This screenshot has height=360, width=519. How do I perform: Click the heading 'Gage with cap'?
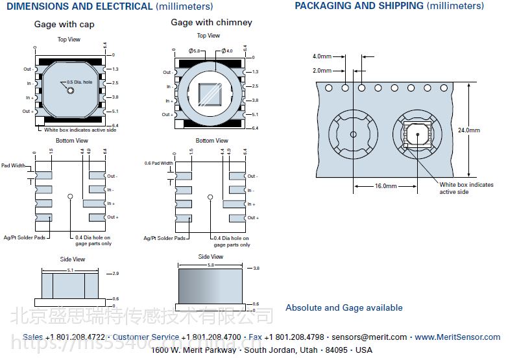[64, 25]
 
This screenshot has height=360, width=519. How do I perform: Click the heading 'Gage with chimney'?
[211, 22]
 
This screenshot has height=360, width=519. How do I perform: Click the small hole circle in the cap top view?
[71, 90]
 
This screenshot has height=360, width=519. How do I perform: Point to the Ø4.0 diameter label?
[226, 51]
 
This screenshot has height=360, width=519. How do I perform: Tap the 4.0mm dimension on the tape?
[322, 56]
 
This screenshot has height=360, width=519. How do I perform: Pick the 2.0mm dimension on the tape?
[322, 71]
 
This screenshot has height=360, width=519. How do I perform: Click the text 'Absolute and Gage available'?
[344, 308]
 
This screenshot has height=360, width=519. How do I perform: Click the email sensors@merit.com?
[369, 337]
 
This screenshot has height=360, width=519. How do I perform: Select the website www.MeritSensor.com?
[457, 337]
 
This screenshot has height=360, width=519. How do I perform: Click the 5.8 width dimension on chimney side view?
[211, 266]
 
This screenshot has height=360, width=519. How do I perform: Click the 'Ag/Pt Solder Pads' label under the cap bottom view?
[24, 237]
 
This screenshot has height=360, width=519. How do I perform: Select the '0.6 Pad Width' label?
[158, 163]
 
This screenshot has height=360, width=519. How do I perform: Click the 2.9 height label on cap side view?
[115, 274]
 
